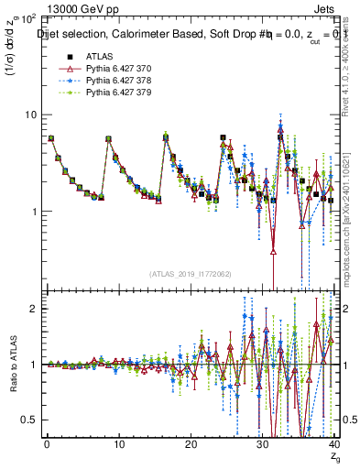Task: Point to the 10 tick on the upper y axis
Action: [x=27, y=115]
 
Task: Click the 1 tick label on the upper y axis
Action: [x=30, y=212]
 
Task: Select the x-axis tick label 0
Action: [x=46, y=445]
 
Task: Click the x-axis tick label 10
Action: [x=117, y=445]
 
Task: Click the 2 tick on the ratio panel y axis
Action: [x=30, y=309]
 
